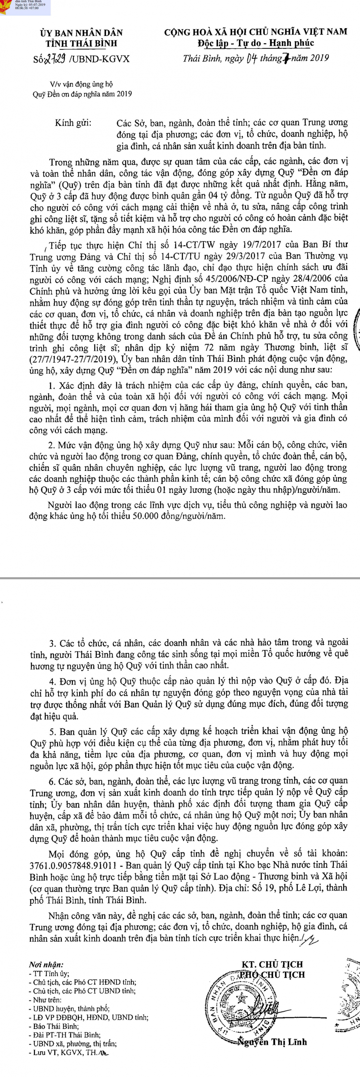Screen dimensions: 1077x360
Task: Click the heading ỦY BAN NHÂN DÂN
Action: click(81, 33)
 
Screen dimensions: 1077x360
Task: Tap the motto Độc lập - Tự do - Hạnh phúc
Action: click(256, 43)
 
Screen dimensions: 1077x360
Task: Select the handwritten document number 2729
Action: click(54, 59)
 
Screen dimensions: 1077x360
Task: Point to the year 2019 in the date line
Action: click(319, 58)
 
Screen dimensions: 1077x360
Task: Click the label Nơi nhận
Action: click(46, 965)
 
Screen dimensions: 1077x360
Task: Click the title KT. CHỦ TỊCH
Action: click(272, 965)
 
